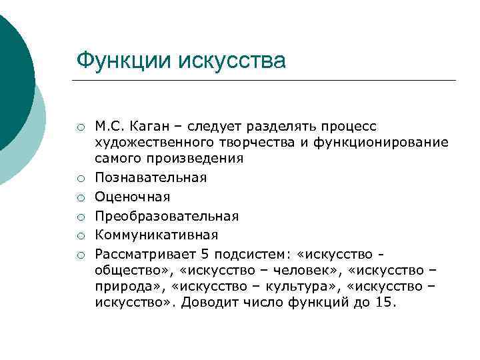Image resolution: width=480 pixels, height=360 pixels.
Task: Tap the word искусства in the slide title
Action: point(228,61)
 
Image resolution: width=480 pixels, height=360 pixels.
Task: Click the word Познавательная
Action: point(151,177)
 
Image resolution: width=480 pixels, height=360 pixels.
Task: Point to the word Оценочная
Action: point(132,197)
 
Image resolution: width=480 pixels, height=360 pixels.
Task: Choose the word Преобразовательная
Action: point(167,216)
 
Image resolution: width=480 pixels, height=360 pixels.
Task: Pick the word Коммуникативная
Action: point(156,235)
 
